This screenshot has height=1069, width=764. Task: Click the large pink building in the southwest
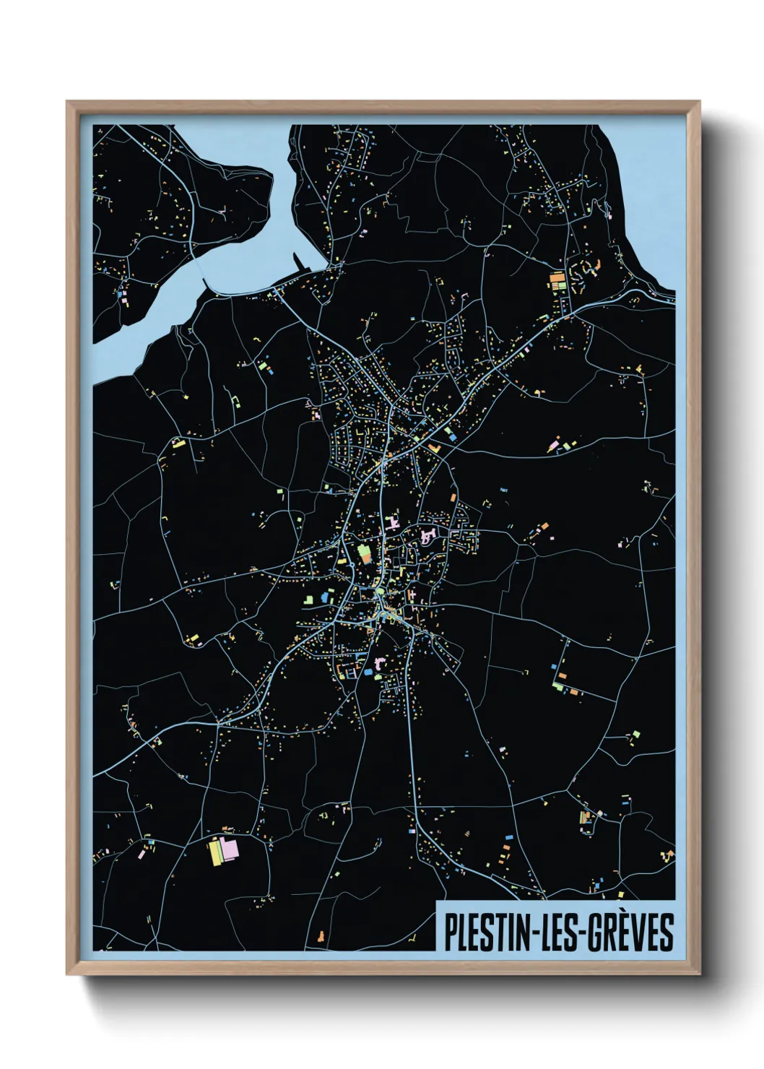pyautogui.click(x=230, y=849)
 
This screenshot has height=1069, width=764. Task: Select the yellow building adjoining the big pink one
pyautogui.click(x=215, y=852)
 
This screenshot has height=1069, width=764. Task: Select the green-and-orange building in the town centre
pyautogui.click(x=365, y=554)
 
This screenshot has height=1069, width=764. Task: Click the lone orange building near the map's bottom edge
pyautogui.click(x=319, y=937)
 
